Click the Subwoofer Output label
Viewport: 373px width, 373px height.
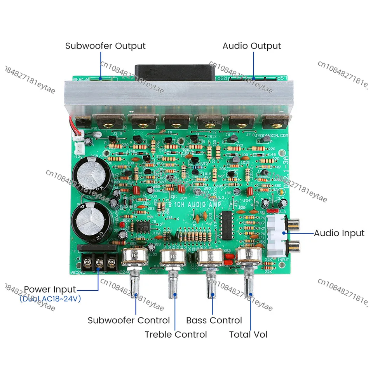[105, 46]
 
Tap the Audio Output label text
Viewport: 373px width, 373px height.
[251, 46]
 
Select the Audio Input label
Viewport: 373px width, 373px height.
[339, 233]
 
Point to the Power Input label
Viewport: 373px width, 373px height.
[50, 289]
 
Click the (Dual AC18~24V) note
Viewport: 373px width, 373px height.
[50, 299]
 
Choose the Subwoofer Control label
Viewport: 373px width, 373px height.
[129, 321]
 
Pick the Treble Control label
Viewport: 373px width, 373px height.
[176, 335]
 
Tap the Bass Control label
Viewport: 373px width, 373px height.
[214, 321]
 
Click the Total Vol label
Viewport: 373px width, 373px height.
[248, 335]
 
